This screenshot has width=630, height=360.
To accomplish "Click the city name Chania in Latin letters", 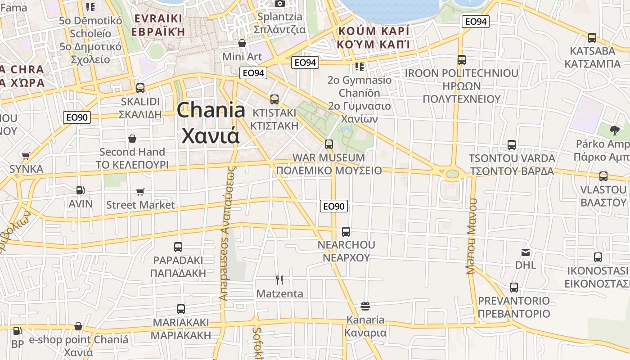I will click(211, 110).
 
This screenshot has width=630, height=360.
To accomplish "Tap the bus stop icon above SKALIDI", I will click(140, 88).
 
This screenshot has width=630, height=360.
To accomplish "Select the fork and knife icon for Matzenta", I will click(279, 280).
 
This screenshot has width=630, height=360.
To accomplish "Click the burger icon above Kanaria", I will click(365, 307).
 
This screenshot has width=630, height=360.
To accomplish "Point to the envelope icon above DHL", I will click(526, 252).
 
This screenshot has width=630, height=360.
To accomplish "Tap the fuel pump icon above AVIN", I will click(81, 191).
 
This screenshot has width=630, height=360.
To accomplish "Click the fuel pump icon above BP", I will click(18, 331).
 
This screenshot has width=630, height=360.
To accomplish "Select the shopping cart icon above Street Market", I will click(140, 192).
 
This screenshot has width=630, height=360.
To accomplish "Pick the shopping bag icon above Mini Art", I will click(242, 43).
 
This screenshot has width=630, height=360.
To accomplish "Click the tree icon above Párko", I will click(614, 130).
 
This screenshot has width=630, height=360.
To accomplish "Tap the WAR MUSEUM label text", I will click(328, 157).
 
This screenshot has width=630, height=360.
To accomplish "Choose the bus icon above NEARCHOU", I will click(346, 232).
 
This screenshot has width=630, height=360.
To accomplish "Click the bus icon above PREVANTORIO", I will click(514, 287).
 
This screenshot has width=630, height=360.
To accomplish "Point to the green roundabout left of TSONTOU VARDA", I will click(453, 173).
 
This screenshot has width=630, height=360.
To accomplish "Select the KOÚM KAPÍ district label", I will click(373, 31).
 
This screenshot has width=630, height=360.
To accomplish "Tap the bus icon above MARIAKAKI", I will click(181, 309).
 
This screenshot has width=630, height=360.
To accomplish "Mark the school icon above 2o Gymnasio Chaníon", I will click(359, 67).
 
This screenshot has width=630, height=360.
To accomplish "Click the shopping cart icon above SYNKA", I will click(26, 156).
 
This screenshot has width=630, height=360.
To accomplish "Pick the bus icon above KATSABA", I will click(592, 38).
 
